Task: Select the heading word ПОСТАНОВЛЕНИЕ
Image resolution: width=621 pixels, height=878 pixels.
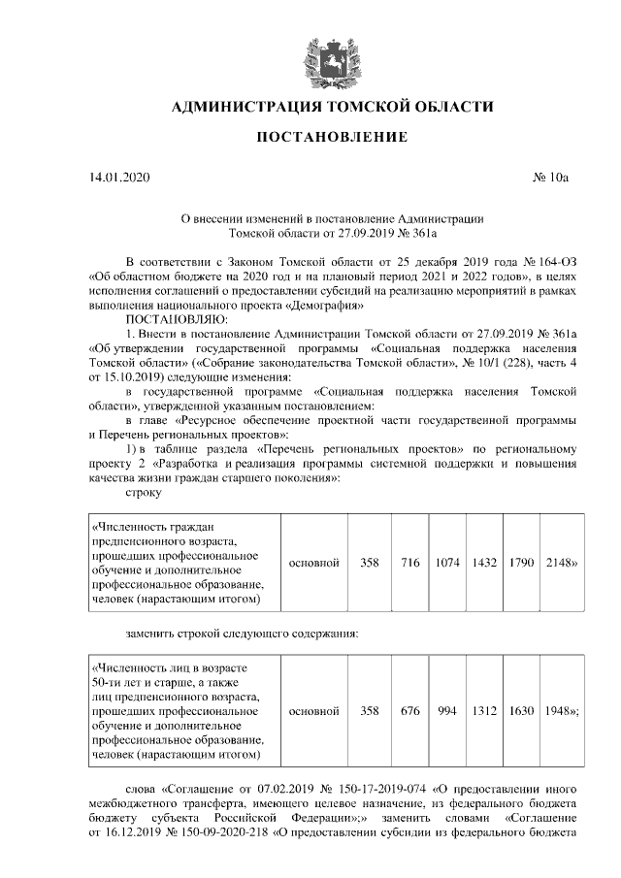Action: tap(331, 137)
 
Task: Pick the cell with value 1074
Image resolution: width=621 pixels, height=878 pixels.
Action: tap(447, 563)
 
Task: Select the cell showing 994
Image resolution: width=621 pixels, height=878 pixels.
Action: tap(447, 711)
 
